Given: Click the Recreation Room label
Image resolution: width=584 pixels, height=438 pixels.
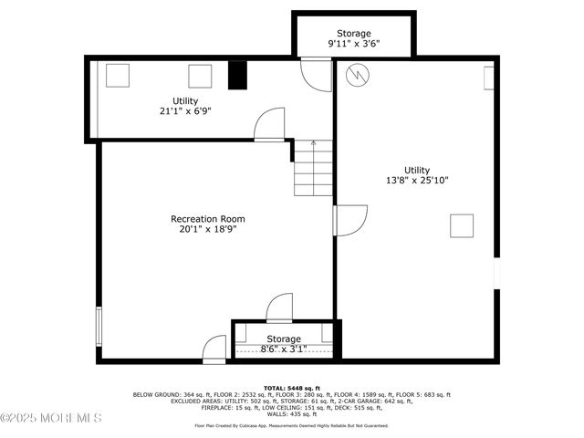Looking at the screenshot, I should (208, 219).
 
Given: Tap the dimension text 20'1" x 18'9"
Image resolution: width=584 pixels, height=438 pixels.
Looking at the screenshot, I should (208, 231).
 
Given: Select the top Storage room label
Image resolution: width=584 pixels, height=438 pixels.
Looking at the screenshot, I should (354, 34).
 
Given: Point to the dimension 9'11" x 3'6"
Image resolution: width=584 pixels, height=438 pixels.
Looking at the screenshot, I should (354, 44).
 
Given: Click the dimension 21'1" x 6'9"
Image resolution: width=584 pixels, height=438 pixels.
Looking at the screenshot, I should (185, 111).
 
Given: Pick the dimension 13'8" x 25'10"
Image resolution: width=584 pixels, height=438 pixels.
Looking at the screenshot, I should (418, 180).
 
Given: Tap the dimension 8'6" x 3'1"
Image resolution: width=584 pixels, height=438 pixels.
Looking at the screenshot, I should (283, 349).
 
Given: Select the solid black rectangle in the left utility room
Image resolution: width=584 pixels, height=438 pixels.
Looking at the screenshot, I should (237, 76).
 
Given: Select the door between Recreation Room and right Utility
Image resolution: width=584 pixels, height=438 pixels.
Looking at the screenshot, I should (349, 220).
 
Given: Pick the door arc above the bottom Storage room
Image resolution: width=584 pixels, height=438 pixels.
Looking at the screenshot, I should (279, 308).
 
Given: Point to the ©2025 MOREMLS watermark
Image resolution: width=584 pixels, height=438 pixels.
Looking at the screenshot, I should (51, 418).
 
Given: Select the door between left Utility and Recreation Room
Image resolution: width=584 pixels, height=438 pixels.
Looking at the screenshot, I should (270, 125).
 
